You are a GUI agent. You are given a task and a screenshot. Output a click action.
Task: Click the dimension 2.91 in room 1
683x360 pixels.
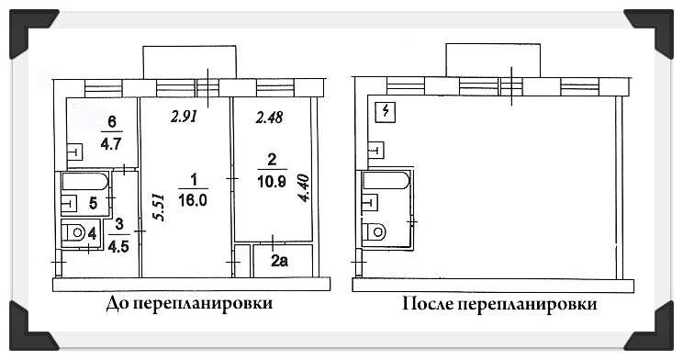(x=184, y=117)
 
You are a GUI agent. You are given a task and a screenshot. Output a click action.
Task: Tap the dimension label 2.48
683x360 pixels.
(x=268, y=117)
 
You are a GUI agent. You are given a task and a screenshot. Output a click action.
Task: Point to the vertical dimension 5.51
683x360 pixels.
(x=161, y=207)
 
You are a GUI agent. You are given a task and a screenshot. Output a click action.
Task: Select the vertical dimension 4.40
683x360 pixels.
(x=303, y=188)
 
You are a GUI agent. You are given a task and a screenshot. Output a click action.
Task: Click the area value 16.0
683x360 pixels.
(x=193, y=200)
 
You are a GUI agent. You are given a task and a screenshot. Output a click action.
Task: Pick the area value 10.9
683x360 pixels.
(x=272, y=181)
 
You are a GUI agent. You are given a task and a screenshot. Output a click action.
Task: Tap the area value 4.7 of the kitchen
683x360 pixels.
(x=111, y=143)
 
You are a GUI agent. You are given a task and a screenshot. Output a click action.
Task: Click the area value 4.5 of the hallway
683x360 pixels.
(x=119, y=247)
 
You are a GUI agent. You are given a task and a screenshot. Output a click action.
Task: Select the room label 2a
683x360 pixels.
(x=279, y=261)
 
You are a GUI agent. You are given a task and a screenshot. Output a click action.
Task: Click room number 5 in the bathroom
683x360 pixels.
(x=93, y=203)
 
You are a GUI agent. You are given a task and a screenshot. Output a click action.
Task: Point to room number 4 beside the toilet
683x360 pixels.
(x=93, y=233)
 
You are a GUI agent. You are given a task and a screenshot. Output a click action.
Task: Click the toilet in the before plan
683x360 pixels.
(x=74, y=232)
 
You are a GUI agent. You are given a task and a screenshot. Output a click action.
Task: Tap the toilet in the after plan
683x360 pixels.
(x=375, y=231)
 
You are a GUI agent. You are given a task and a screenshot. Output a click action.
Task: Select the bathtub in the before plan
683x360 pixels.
(x=85, y=182)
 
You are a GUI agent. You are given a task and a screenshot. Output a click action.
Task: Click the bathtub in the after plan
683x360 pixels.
(x=386, y=180)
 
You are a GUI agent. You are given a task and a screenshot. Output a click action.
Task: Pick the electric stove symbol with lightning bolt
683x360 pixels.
(x=385, y=112)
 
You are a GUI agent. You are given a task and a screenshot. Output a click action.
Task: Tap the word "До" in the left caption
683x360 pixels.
(x=116, y=304)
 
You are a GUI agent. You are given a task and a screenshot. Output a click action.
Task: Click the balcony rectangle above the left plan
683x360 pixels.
(x=190, y=62)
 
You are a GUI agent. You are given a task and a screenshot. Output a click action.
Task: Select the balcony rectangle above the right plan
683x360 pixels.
(x=492, y=60)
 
